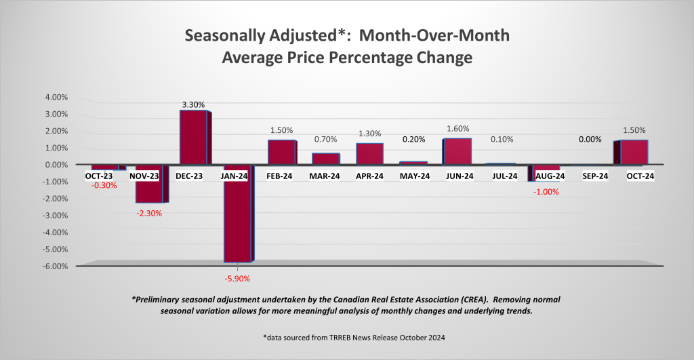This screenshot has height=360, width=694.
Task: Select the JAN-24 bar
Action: pos(237,213)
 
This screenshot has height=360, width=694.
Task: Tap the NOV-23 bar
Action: pos(149,184)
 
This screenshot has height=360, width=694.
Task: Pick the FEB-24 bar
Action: pos(281,152)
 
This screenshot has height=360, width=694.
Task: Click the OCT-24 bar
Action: pos(634,152)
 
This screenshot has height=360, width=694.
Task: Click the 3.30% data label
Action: pos(193,104)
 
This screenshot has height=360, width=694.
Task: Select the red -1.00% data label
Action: pos(546,192)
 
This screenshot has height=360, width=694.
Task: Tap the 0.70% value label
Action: pos(325,140)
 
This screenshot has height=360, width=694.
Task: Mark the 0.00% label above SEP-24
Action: pos(591,140)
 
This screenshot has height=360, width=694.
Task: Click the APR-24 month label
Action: pos(369,176)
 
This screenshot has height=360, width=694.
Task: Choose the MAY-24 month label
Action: pos(413,176)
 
